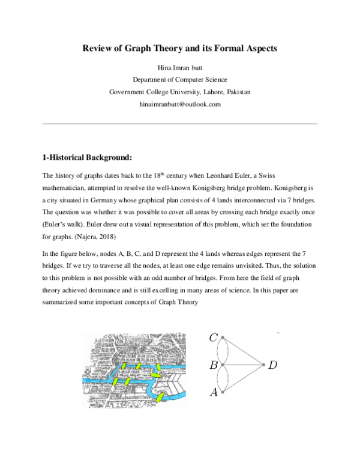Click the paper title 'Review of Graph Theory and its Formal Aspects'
click(x=179, y=48)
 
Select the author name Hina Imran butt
click(x=179, y=68)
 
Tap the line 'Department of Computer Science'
click(x=179, y=80)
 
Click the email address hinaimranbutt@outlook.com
click(x=179, y=104)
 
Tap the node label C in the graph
click(x=214, y=338)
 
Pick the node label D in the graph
click(x=273, y=365)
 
